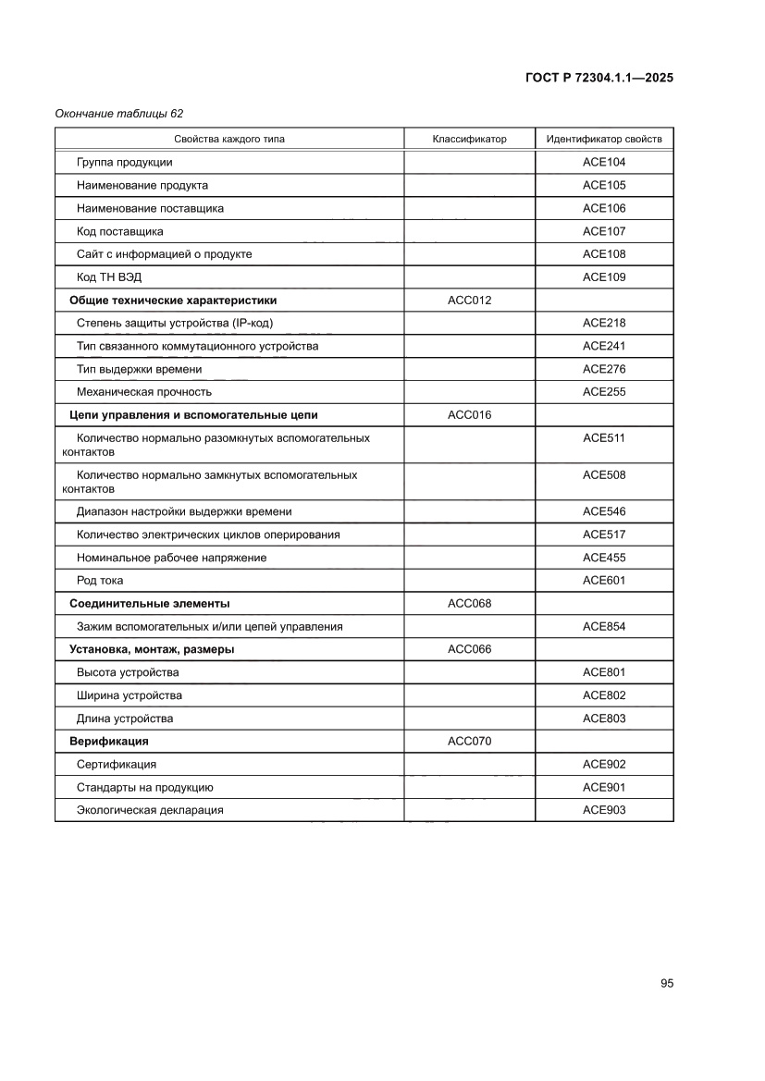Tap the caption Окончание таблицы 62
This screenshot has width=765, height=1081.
click(119, 114)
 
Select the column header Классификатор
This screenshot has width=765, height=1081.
click(470, 140)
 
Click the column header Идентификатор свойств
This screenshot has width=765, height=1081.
click(604, 140)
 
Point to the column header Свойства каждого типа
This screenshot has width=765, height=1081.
click(229, 140)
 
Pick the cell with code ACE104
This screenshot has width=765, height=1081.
click(604, 162)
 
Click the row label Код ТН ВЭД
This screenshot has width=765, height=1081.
click(110, 277)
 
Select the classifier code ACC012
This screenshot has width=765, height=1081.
click(470, 301)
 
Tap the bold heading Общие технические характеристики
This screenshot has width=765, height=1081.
click(173, 301)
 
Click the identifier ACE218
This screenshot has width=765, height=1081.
click(604, 324)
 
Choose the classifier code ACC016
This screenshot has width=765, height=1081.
click(470, 415)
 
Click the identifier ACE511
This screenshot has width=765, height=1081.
click(604, 438)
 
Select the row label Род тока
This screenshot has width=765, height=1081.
click(100, 581)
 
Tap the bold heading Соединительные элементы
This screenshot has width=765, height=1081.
click(150, 604)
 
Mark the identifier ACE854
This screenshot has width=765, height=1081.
click(604, 627)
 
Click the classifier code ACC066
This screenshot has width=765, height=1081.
click(470, 649)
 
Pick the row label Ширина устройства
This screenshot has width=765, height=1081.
click(130, 695)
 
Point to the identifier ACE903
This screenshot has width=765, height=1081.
click(604, 810)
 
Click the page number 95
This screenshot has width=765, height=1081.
click(667, 983)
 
